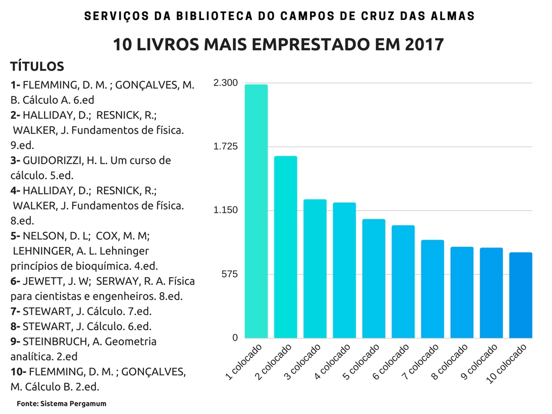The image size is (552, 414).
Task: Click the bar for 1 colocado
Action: pos(256,211)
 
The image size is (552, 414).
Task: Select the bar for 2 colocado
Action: pos(285,247)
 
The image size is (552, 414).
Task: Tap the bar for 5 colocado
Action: pos(374,278)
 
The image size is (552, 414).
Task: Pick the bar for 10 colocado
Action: pos(521,295)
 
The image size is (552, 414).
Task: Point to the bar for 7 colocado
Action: pos(432,289)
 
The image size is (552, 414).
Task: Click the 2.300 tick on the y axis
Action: pos(225,83)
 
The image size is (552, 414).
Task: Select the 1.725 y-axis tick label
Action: pos(225,147)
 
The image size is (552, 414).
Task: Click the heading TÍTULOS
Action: pos(37,67)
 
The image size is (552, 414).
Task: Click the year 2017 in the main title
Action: pos(423,45)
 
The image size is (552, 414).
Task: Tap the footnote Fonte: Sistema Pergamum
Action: pos(61,403)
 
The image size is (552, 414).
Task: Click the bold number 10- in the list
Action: pos(18,371)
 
